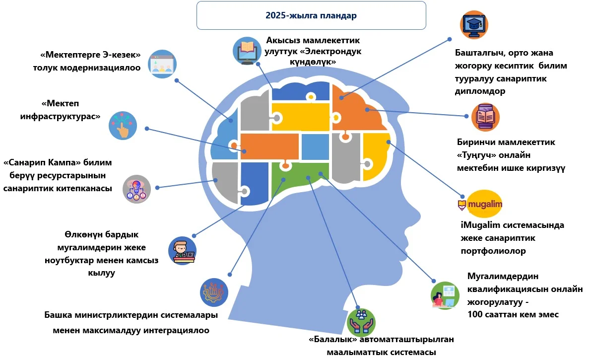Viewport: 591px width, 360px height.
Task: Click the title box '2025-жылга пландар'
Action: pos(311,15)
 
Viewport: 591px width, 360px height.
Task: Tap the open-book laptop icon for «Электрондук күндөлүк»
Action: pos(247,50)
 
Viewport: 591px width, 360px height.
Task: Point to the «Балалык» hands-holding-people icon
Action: pos(361,321)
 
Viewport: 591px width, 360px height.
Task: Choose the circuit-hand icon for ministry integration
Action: pos(214,292)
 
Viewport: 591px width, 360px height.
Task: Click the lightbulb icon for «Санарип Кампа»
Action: pos(136,189)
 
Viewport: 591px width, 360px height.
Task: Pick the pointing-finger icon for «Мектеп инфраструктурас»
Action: pos(123,125)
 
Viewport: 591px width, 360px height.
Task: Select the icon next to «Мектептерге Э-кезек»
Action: pos(163,63)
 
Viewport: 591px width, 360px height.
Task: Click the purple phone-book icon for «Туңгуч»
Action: pos(485,117)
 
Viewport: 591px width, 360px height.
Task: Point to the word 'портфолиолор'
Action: pos(493,251)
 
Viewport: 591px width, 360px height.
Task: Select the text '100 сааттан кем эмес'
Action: pos(513,314)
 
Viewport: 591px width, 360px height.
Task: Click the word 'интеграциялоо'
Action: pos(174,330)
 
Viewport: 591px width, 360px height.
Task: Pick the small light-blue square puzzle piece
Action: pos(315,147)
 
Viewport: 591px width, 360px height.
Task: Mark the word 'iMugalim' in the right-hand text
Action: pos(480,225)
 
